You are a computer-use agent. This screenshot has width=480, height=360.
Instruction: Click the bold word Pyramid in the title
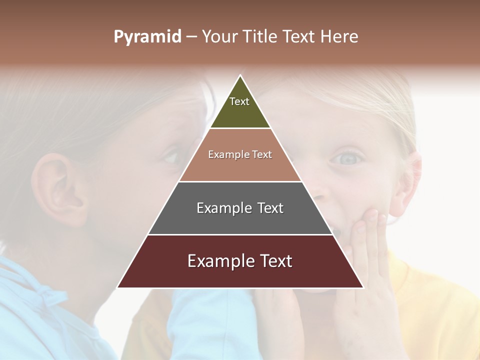pos(147,37)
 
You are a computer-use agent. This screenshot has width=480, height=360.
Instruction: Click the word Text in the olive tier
pos(239,101)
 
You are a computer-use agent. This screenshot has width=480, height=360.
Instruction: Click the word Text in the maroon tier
pos(274,261)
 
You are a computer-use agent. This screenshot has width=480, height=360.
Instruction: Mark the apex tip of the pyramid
pos(240,75)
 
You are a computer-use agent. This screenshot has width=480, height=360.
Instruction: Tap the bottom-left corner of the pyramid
pos(118,287)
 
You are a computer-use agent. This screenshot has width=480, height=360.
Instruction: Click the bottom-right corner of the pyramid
pos(363,287)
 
